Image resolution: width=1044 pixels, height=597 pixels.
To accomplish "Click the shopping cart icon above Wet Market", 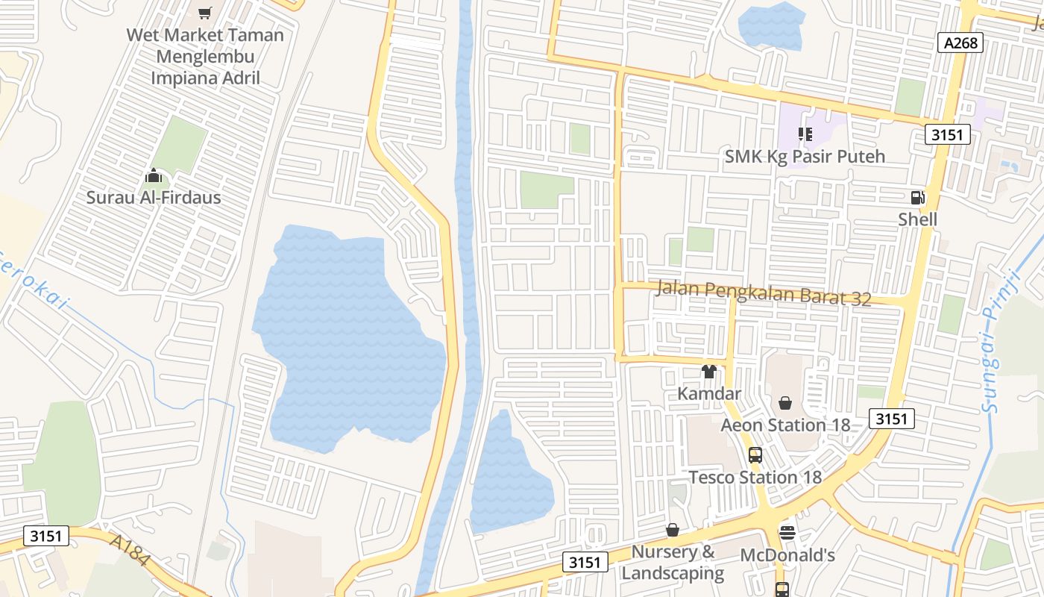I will [204, 13].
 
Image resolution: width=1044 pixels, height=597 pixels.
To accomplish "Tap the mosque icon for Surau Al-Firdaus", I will [154, 176].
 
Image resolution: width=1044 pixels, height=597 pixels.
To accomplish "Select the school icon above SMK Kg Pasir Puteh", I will [805, 134].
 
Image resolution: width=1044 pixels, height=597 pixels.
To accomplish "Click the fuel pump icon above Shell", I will [917, 198].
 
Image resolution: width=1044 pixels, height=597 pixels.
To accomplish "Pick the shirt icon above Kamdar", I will [708, 371].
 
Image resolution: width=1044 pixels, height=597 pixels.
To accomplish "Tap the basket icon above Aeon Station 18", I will [785, 403].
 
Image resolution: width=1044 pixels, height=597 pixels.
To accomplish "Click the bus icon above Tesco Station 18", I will [755, 454].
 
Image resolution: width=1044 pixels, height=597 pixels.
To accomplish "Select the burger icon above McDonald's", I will [787, 532].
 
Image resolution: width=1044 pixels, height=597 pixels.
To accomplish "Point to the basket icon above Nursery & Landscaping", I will [673, 530].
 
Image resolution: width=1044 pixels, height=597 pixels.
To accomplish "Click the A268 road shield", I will [960, 43].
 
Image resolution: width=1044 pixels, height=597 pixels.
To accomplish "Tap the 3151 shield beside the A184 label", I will [46, 536].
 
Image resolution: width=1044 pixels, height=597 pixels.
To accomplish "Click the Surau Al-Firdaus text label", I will [154, 198].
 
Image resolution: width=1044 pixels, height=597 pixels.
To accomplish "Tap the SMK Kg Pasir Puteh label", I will [805, 156].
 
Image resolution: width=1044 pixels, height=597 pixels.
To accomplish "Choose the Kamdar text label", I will [709, 393].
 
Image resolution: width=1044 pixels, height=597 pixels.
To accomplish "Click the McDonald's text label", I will [787, 555].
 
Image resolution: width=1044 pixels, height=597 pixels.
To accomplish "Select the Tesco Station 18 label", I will [755, 477].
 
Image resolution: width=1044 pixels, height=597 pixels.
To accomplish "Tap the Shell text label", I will [917, 219].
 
